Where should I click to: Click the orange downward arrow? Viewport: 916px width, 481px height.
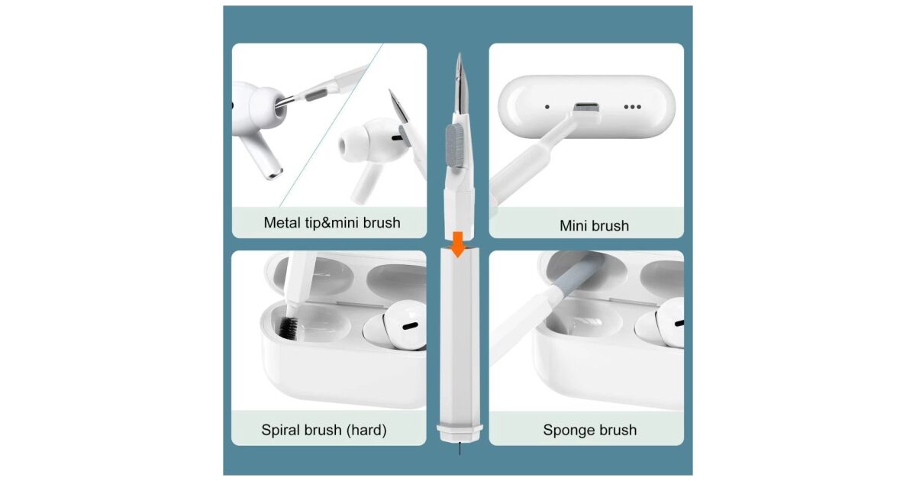(x=459, y=244)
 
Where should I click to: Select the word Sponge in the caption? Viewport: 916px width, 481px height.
(x=565, y=431)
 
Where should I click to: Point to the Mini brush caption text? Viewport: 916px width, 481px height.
(x=594, y=226)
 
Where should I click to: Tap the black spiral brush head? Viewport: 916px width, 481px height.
(x=290, y=328)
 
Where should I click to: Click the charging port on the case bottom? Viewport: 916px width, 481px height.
(x=586, y=108)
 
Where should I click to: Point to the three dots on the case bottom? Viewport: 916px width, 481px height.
(x=632, y=107)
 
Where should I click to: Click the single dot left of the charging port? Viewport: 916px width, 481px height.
(x=547, y=107)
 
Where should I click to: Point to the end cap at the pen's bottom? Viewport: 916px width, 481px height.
(x=460, y=432)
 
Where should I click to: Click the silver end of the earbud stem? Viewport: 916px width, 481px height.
(x=273, y=173)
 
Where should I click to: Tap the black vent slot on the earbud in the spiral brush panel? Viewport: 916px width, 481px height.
(x=410, y=326)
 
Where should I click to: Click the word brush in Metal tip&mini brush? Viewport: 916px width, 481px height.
(x=382, y=222)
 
